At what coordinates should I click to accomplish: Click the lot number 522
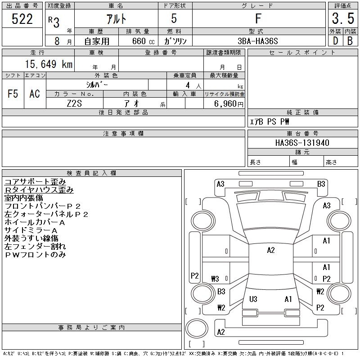tap(22, 19)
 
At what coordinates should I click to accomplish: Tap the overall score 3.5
tap(343, 18)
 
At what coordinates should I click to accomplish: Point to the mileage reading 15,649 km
tap(49, 64)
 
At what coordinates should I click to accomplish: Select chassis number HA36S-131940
tap(302, 143)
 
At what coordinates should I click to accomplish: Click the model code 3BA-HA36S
tap(258, 41)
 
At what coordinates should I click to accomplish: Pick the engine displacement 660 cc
tap(144, 41)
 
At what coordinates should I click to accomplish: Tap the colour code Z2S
tap(74, 103)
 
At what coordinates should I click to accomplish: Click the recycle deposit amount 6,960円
tap(229, 104)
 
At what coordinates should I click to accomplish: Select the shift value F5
tap(13, 94)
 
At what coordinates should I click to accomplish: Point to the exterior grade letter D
tap(335, 41)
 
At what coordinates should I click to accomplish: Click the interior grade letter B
tap(350, 41)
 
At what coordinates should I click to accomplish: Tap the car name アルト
tap(116, 19)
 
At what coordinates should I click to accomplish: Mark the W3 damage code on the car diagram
tap(215, 279)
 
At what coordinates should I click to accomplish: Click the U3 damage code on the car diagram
tap(253, 299)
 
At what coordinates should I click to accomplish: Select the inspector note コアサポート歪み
tap(35, 182)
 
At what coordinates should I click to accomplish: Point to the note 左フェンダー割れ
tap(35, 247)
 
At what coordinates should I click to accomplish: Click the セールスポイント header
tap(302, 53)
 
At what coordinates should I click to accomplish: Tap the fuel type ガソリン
tap(175, 41)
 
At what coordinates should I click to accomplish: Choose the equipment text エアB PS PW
tap(269, 121)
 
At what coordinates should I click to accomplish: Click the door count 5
tap(174, 18)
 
